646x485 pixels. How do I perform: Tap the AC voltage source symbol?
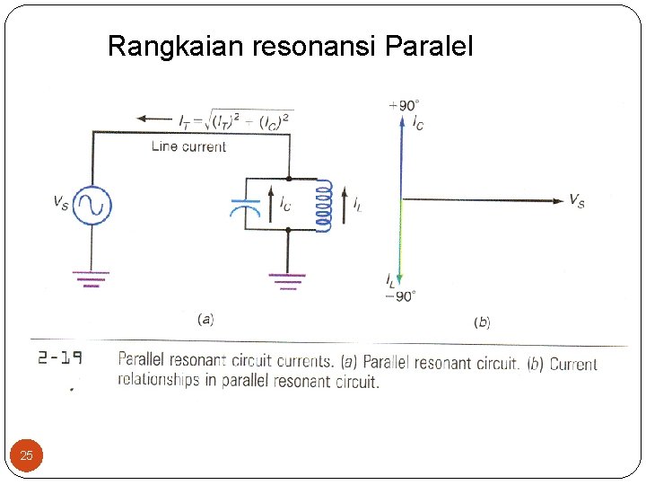pyautogui.click(x=91, y=206)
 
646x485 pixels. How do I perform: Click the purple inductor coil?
pyautogui.click(x=322, y=207)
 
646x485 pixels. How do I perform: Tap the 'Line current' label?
pyautogui.click(x=188, y=146)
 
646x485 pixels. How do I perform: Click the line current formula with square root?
pyautogui.click(x=236, y=119)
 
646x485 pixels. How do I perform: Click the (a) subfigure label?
pyautogui.click(x=205, y=318)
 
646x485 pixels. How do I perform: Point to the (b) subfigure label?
pyautogui.click(x=482, y=321)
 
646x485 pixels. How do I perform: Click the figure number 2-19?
pyautogui.click(x=60, y=358)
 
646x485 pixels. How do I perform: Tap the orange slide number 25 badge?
pyautogui.click(x=27, y=456)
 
